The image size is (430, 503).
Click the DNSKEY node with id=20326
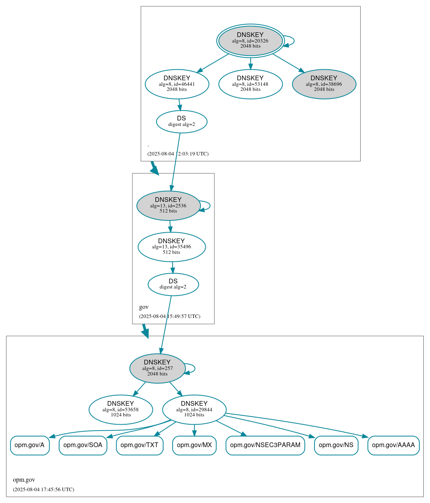[250, 41]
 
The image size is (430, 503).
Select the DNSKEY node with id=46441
[177, 84]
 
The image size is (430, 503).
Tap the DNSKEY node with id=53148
[250, 84]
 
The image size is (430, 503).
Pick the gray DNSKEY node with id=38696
[324, 84]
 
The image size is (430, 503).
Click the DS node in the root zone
[181, 122]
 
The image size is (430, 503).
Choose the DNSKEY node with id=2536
[168, 205]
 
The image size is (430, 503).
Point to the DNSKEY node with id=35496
[171, 247]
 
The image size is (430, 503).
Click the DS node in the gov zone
[173, 284]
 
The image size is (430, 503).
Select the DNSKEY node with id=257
[157, 368]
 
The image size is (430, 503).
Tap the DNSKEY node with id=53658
[121, 410]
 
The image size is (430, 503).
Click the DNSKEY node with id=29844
[194, 410]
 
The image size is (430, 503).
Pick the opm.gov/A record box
[30, 445]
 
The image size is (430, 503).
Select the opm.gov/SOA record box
[83, 445]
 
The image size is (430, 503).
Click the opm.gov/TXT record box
[140, 445]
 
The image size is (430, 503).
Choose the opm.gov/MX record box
[194, 445]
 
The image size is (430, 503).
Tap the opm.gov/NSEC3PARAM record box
[265, 445]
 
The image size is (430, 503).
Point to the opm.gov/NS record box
[336, 445]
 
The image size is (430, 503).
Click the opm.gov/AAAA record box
[393, 445]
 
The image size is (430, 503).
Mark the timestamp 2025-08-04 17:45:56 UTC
[43, 490]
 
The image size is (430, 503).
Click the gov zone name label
[144, 307]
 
